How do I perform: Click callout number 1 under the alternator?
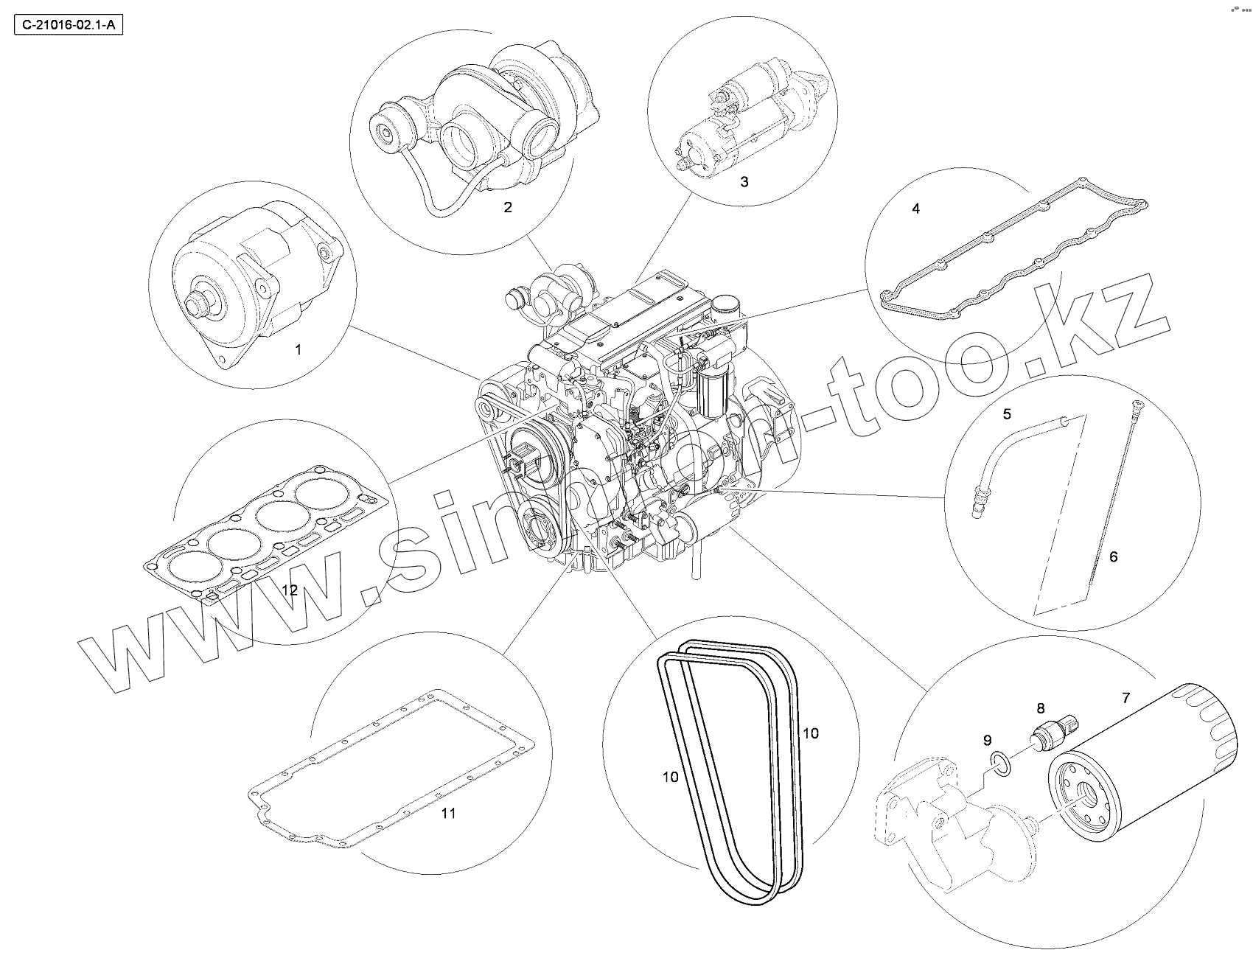[298, 349]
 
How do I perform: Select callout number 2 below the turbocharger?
[507, 207]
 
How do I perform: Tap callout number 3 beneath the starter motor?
[744, 181]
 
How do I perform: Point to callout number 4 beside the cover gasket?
[915, 209]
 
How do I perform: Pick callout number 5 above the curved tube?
[1007, 414]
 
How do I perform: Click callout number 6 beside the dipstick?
[1113, 556]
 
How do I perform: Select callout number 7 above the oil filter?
[1125, 696]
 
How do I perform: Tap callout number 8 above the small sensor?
[1041, 708]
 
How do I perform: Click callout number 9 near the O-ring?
[987, 740]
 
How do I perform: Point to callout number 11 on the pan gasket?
[448, 813]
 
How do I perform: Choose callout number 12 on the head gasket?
[289, 590]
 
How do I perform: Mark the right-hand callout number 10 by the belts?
[810, 733]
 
